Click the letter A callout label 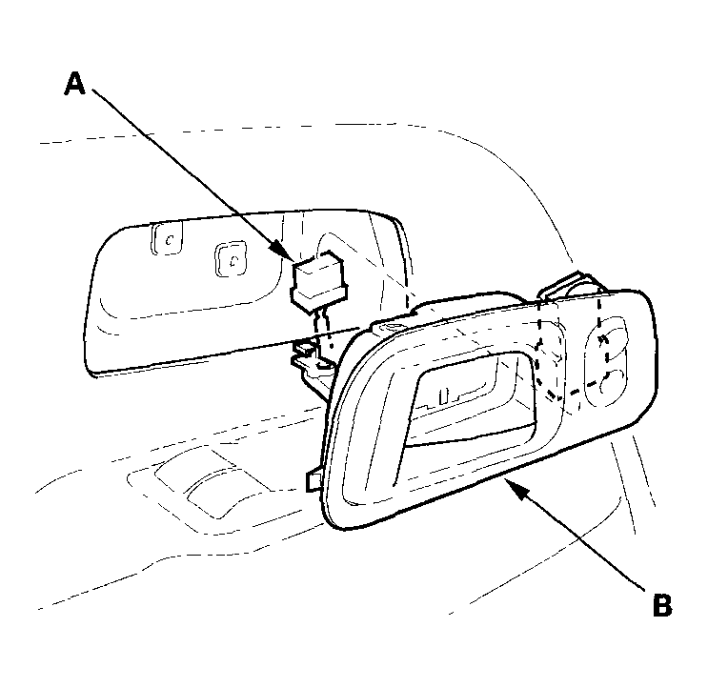pyautogui.click(x=75, y=84)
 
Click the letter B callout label pyautogui.click(x=662, y=605)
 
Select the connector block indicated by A pyautogui.click(x=319, y=281)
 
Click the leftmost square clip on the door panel pyautogui.click(x=167, y=238)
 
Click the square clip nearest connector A pyautogui.click(x=232, y=259)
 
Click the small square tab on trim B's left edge pyautogui.click(x=314, y=481)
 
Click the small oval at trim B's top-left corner pyautogui.click(x=392, y=327)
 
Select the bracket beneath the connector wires pyautogui.click(x=313, y=367)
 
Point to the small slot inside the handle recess pyautogui.click(x=444, y=395)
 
